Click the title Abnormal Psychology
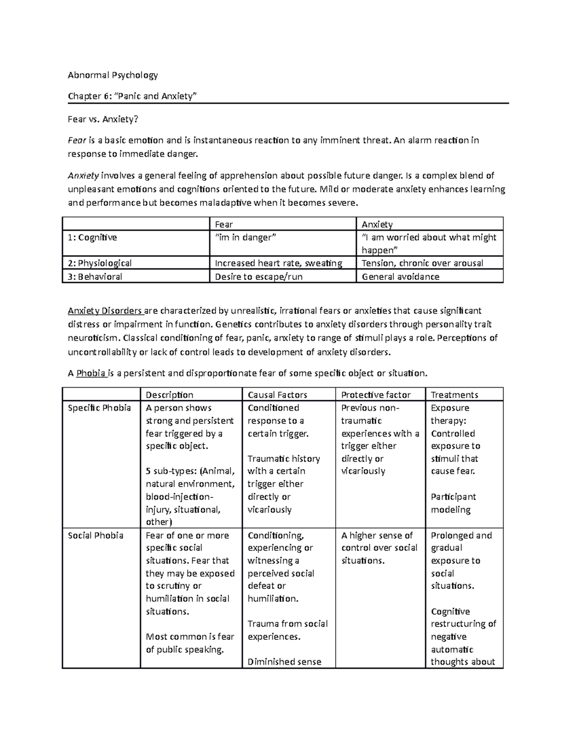point(113,75)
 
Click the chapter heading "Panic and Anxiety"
point(132,96)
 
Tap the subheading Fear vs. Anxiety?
point(99,119)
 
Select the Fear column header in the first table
point(224,224)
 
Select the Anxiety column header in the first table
point(377,224)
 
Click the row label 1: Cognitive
point(92,237)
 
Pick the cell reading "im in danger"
point(246,237)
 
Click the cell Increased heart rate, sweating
point(278,263)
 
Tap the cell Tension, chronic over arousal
point(422,263)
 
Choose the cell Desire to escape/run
point(259,277)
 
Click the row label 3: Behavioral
point(95,277)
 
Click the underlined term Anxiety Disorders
point(105,311)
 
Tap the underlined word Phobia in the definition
point(91,373)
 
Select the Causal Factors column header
point(277,395)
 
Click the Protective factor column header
point(376,395)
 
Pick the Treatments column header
point(454,395)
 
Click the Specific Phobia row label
point(99,408)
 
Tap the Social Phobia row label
point(95,535)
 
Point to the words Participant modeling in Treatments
point(453,503)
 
